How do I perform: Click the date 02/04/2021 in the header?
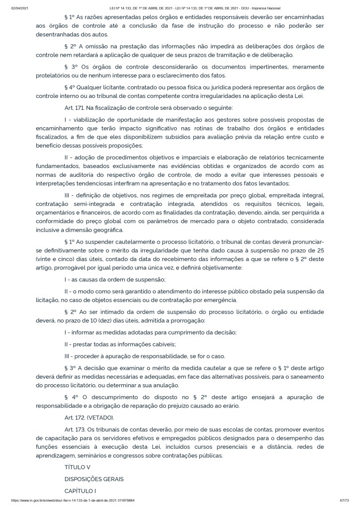(18, 8)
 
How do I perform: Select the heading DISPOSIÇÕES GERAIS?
(94, 479)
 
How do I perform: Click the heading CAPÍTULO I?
(81, 491)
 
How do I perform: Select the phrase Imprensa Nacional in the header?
(267, 8)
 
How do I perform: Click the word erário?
(229, 405)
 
